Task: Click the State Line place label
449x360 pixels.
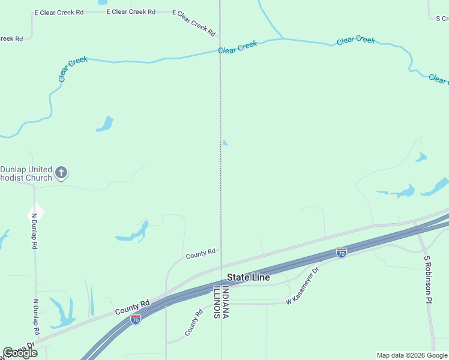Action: pyautogui.click(x=248, y=277)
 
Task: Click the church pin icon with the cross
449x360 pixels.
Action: pyautogui.click(x=61, y=173)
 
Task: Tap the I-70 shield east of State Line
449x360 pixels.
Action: pyautogui.click(x=341, y=253)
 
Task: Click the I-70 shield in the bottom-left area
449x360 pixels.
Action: pyautogui.click(x=136, y=319)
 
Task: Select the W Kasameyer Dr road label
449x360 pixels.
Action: pyautogui.click(x=303, y=289)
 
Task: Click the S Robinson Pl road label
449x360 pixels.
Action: pyautogui.click(x=427, y=279)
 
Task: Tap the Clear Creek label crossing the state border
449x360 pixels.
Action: pyautogui.click(x=238, y=47)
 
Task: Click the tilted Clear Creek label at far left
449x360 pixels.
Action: pyautogui.click(x=73, y=68)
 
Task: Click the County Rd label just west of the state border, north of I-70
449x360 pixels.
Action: pyautogui.click(x=200, y=254)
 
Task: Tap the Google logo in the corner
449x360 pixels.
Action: pyautogui.click(x=20, y=353)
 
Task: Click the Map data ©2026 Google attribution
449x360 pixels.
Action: pyautogui.click(x=412, y=355)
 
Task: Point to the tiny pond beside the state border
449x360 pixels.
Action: pyautogui.click(x=225, y=143)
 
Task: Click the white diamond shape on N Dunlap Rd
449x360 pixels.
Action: pyautogui.click(x=35, y=211)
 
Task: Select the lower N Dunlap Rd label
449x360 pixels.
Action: pyautogui.click(x=36, y=317)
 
